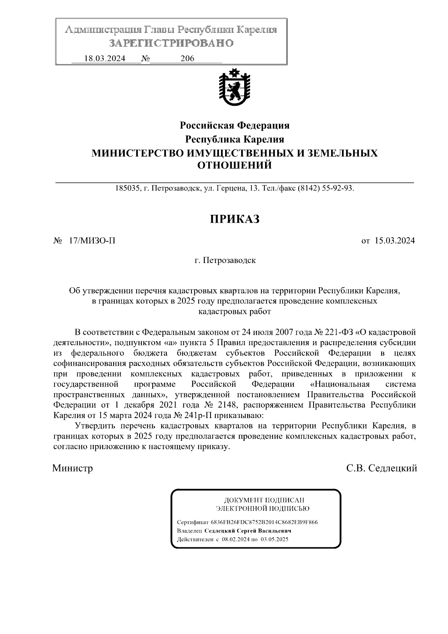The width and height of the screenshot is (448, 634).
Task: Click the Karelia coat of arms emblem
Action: (234, 86)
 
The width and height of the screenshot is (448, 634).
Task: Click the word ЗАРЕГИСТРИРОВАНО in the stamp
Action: (171, 43)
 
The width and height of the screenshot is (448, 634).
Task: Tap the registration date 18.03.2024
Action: (105, 59)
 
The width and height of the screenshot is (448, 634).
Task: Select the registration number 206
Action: (187, 59)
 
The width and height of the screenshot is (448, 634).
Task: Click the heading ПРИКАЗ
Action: (234, 219)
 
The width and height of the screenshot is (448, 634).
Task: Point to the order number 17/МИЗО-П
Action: (92, 241)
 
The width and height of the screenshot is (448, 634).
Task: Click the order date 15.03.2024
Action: (395, 241)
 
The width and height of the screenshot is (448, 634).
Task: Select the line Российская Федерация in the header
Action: (235, 125)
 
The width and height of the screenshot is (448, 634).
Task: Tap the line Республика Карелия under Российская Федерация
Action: (235, 139)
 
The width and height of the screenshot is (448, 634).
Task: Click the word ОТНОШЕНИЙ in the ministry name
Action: (234, 165)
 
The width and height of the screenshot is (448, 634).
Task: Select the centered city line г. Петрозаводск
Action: (225, 260)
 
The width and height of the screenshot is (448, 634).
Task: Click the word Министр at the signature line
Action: (72, 468)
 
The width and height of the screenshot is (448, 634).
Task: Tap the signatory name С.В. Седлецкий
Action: (381, 468)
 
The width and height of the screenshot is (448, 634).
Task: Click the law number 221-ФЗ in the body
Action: (340, 332)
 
